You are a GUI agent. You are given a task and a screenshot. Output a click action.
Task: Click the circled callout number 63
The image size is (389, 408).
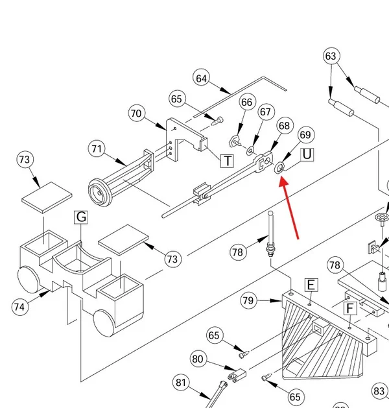coord(331,56)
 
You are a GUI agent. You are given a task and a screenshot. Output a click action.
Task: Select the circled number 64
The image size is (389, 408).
coord(202,78)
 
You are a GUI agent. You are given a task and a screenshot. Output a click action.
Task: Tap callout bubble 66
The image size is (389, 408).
coord(247,102)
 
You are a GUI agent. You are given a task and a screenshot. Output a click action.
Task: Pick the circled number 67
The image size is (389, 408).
coord(265,112)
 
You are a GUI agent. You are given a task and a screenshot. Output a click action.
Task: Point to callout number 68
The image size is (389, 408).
coord(285,126)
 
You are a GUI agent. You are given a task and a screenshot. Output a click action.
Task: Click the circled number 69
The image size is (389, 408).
coord(305,135)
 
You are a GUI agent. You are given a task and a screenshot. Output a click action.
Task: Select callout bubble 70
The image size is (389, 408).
coord(137,114)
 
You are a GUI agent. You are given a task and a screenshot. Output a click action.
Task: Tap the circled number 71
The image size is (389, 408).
coord(97,149)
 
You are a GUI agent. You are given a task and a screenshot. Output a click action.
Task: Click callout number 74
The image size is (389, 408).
coord(19,307)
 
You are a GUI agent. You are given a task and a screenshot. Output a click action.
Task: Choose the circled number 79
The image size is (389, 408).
coord(248,300)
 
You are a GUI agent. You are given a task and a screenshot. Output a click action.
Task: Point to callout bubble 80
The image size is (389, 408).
coord(198,359)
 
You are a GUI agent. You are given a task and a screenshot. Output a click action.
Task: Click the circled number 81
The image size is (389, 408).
coord(181,383)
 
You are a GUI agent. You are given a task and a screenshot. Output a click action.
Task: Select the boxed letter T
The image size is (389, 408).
coord(227,161)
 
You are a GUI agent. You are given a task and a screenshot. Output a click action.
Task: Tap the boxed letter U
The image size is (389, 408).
coord(307,154)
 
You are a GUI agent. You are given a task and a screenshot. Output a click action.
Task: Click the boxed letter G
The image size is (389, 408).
coord(81,217)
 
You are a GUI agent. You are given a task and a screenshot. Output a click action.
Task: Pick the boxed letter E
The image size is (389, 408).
coord(311,285)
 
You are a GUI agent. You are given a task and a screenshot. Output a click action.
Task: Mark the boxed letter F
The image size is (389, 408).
coord(350,308)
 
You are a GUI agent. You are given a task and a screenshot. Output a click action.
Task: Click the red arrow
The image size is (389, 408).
coord(289,208)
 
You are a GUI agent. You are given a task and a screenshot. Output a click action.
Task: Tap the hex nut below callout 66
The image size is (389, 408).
coord(233,141)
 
